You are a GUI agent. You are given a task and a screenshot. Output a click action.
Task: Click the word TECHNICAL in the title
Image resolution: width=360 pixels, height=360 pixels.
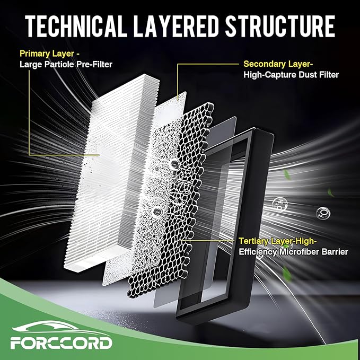point(76,26)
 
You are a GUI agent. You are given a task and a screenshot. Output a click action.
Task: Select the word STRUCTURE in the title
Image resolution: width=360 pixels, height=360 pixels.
point(279,26)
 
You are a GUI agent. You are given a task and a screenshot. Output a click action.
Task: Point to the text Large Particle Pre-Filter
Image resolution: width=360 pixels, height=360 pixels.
point(66,64)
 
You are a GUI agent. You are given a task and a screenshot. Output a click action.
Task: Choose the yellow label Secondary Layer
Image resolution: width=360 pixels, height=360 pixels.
point(278,64)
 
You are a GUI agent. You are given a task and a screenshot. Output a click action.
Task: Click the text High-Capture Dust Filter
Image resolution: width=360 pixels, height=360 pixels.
point(291,75)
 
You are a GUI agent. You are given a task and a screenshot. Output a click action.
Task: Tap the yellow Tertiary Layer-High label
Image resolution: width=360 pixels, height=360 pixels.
point(278,241)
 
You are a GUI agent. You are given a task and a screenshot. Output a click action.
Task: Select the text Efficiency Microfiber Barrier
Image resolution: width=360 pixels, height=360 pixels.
point(293,252)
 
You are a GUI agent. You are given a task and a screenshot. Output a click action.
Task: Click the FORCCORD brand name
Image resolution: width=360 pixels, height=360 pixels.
point(62,343)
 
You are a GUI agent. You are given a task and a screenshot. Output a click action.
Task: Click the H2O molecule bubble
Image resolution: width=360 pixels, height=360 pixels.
point(279,204)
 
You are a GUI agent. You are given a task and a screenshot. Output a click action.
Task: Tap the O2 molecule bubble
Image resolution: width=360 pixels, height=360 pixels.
point(323,213)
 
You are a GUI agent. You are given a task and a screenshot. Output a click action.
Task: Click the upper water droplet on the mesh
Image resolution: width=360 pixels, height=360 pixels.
point(174,163)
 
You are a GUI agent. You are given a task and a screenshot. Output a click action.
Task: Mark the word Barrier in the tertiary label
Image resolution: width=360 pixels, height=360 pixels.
point(335,252)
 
